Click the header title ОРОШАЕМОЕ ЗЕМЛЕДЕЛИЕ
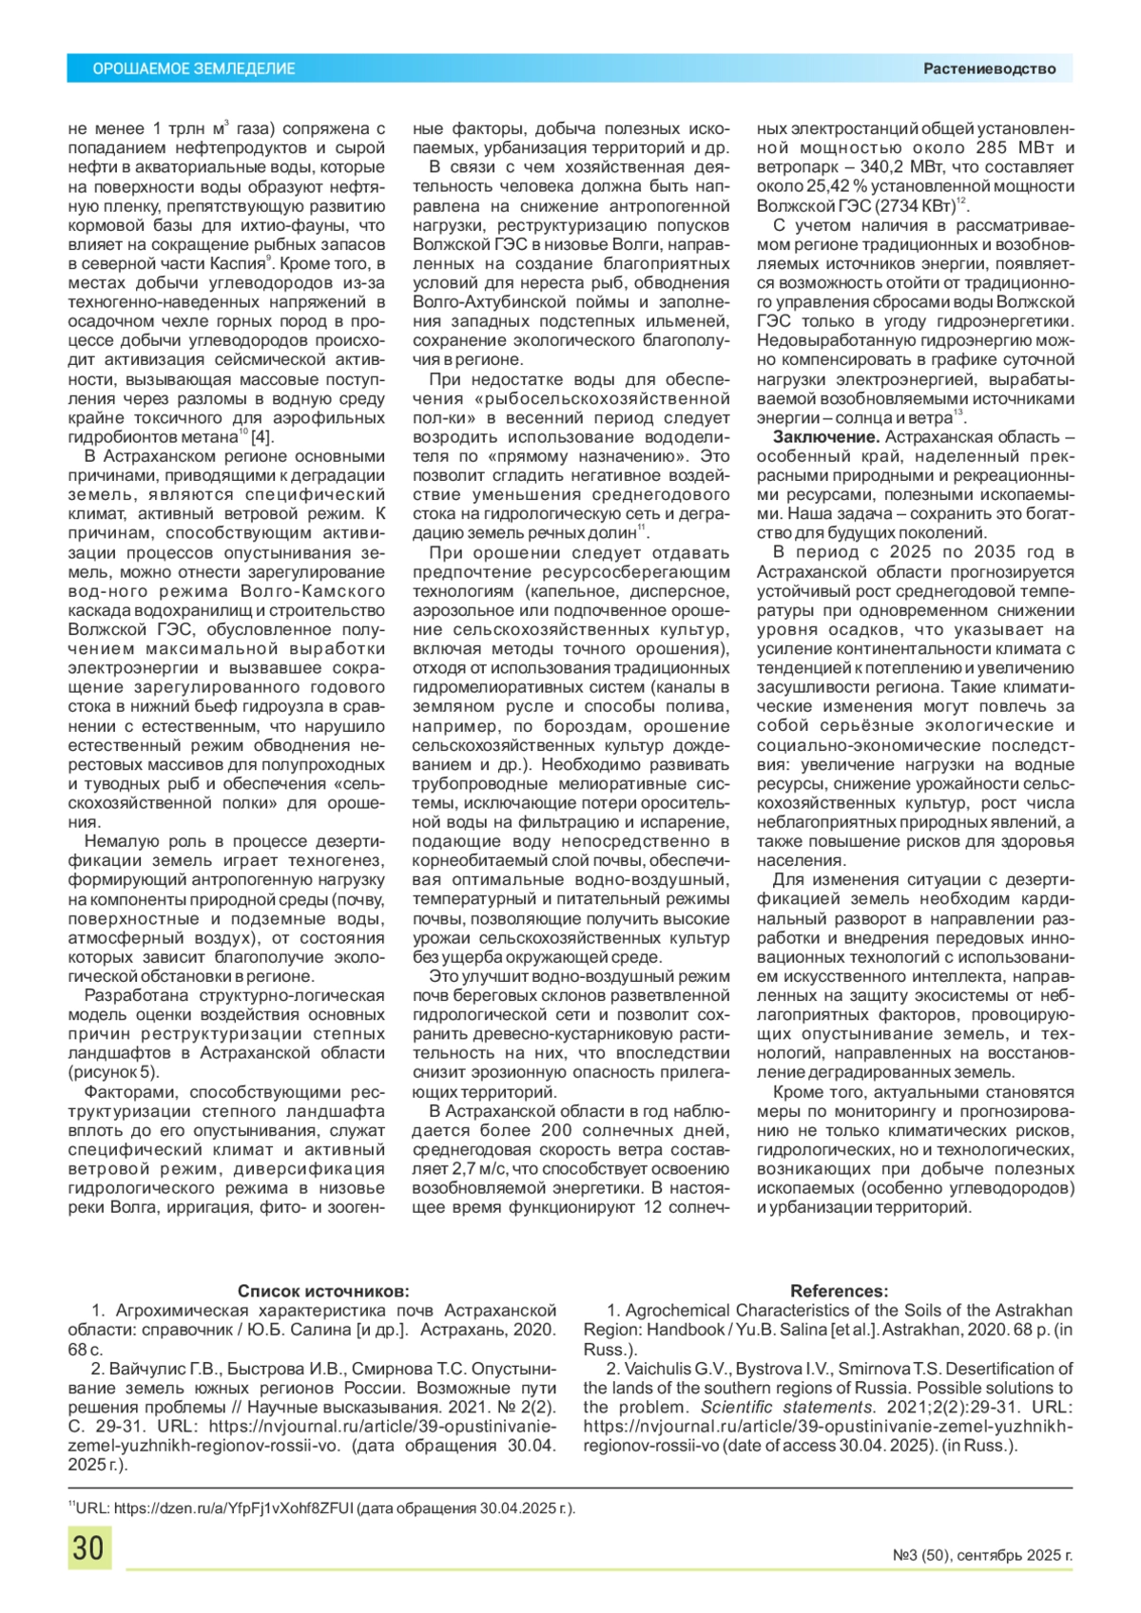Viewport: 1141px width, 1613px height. pyautogui.click(x=193, y=68)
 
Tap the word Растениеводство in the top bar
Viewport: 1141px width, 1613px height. pyautogui.click(x=989, y=68)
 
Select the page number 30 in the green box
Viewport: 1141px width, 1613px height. pyautogui.click(x=88, y=1547)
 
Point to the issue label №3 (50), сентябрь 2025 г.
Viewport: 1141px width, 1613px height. pyautogui.click(x=982, y=1556)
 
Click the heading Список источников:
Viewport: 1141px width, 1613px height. pyautogui.click(x=323, y=1291)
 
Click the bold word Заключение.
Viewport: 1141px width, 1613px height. pyautogui.click(x=825, y=437)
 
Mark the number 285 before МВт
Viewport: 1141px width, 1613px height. pyautogui.click(x=991, y=147)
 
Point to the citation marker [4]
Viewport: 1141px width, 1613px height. pyautogui.click(x=261, y=437)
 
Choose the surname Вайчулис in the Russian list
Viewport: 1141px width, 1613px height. pyautogui.click(x=147, y=1369)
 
